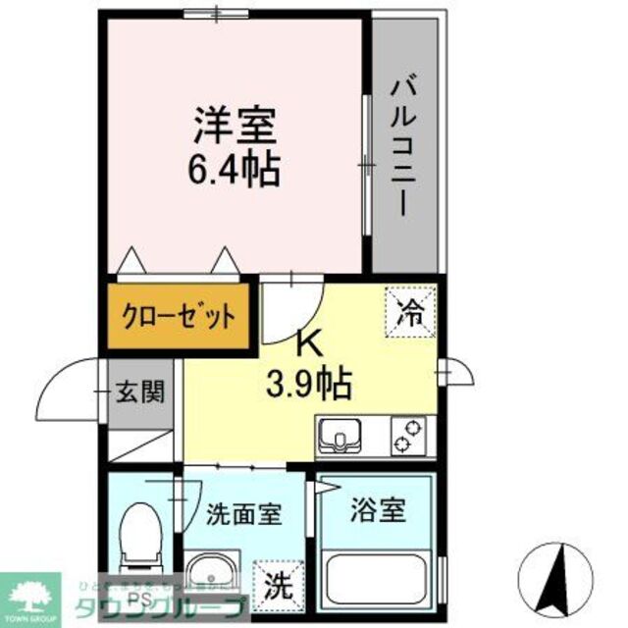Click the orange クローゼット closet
point(178,317)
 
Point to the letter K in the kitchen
point(308,343)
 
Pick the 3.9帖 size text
point(307,385)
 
